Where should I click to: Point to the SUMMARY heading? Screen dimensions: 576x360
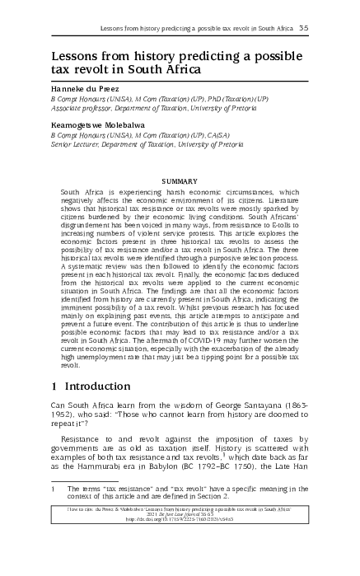(180, 180)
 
